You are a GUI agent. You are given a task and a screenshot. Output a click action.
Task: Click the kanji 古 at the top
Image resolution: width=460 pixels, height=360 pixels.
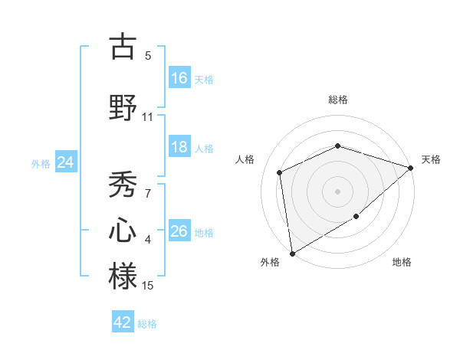pyautogui.click(x=123, y=47)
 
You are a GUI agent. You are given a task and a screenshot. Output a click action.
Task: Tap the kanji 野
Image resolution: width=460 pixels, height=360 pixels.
pyautogui.click(x=123, y=107)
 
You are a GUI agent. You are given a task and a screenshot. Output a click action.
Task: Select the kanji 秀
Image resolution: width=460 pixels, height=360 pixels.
pyautogui.click(x=123, y=184)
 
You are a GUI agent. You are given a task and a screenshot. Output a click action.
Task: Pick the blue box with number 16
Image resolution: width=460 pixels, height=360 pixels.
pyautogui.click(x=179, y=78)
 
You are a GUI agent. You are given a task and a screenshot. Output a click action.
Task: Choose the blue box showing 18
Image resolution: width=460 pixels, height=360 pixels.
pyautogui.click(x=179, y=147)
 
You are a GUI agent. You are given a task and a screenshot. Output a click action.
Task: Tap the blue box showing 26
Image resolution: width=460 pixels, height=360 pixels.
pyautogui.click(x=179, y=231)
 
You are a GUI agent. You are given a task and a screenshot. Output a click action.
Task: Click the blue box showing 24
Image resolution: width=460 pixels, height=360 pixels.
pyautogui.click(x=65, y=162)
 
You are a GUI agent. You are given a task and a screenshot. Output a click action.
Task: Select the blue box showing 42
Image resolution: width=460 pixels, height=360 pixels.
pyautogui.click(x=123, y=322)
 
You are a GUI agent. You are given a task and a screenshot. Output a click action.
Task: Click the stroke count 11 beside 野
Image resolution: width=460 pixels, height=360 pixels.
pyautogui.click(x=148, y=117)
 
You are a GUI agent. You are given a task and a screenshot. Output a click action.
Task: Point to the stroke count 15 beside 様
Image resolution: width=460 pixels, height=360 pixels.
pyautogui.click(x=148, y=286)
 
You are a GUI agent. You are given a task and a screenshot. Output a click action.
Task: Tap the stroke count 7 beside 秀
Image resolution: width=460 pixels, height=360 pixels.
pyautogui.click(x=148, y=194)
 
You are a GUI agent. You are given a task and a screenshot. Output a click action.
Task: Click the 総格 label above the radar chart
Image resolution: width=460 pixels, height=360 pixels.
pyautogui.click(x=338, y=100)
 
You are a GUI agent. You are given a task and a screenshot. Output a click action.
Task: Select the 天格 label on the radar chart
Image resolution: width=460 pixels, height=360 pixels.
pyautogui.click(x=431, y=159)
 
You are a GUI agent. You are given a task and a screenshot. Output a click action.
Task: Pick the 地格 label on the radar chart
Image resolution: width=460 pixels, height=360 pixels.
pyautogui.click(x=402, y=262)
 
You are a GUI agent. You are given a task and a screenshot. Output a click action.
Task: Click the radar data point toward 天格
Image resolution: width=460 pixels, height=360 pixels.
pyautogui.click(x=411, y=168)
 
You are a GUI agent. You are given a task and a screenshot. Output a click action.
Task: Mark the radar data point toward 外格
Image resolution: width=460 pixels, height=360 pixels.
pyautogui.click(x=292, y=253)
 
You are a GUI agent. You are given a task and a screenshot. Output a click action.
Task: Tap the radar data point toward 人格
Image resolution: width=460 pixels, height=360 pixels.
pyautogui.click(x=280, y=172)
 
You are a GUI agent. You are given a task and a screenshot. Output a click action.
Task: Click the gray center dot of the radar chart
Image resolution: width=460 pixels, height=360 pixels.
pyautogui.click(x=338, y=191)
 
